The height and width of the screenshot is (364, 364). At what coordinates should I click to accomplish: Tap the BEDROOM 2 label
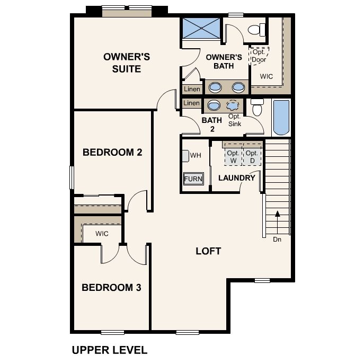coord(112,153)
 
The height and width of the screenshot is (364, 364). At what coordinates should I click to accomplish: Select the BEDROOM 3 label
coord(111,288)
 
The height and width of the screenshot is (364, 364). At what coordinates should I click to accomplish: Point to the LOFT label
coord(208,251)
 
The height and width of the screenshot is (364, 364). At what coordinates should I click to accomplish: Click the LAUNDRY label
coord(237,177)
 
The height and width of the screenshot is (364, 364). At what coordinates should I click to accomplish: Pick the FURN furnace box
coord(193,179)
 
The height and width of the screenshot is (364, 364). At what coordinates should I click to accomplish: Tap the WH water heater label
coord(195,155)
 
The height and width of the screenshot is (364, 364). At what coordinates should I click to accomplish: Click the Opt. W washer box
coord(233,156)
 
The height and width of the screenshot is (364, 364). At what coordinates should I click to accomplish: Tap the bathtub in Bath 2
coord(280,117)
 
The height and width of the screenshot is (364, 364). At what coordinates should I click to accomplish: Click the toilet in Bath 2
coord(258,108)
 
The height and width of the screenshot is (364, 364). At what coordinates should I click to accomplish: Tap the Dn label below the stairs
coord(277,239)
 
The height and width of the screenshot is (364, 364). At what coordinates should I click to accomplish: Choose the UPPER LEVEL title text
coord(109,350)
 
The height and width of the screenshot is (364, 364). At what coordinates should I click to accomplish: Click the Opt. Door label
coord(259,56)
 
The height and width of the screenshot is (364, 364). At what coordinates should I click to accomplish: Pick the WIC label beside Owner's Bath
coord(266,76)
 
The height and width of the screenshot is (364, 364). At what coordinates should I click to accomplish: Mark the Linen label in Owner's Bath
coord(192,89)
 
